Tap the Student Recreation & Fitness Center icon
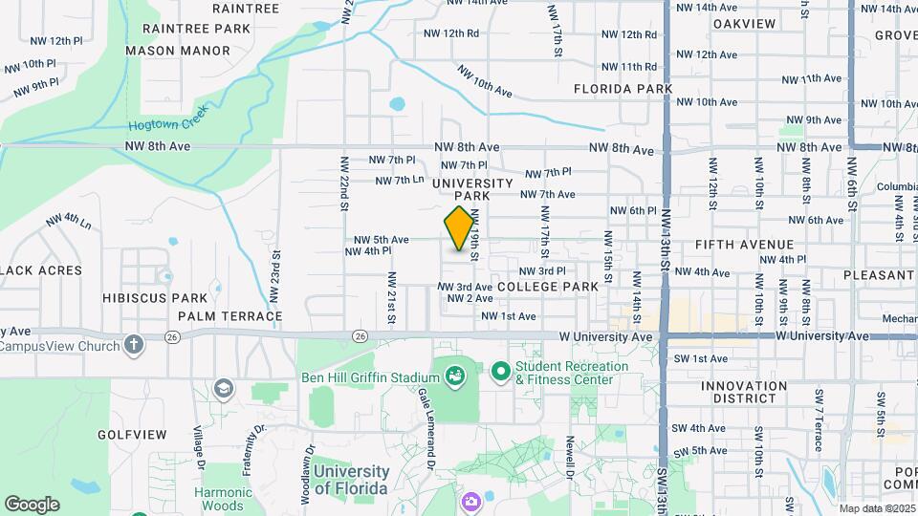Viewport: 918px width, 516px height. (499, 370)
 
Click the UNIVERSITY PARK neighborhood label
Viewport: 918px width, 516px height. (473, 189)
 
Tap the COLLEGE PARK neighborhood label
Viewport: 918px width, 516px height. (548, 287)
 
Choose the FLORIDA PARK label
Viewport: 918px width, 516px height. (623, 89)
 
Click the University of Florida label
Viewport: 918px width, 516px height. (351, 480)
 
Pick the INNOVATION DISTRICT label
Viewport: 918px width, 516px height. (743, 394)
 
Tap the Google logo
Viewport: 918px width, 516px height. (32, 504)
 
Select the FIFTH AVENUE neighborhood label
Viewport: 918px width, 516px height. (743, 245)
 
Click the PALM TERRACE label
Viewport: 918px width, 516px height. (229, 316)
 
